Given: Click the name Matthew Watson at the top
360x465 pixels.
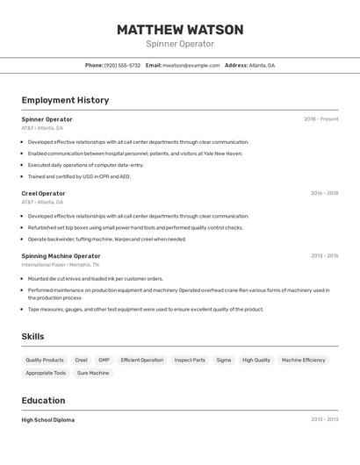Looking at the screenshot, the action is click(180, 29).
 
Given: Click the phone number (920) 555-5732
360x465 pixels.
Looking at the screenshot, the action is click(122, 65).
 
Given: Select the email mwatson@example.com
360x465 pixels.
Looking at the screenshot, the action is click(191, 65).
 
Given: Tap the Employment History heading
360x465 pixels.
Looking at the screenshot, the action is click(65, 100).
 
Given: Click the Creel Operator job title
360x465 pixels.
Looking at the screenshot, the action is click(43, 193).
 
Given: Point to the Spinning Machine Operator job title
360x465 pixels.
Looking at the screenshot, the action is click(61, 256).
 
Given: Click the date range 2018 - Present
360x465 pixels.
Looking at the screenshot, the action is click(320, 119).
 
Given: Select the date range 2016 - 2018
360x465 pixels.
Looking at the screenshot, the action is click(324, 193).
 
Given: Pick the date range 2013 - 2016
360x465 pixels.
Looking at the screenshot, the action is click(324, 256).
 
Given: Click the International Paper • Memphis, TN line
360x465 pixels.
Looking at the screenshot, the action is click(60, 264).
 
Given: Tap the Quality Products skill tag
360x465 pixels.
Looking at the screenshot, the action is click(45, 360).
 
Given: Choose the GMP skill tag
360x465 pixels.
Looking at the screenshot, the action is click(104, 360).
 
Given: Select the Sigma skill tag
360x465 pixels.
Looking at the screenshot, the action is click(224, 360).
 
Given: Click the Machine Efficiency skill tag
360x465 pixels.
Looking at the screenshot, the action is click(303, 360).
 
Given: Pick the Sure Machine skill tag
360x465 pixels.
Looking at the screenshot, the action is click(93, 373).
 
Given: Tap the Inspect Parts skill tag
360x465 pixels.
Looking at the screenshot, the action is click(190, 360).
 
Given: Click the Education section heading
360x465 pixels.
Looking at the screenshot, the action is click(44, 400).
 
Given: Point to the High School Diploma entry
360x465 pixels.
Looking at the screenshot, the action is click(48, 419).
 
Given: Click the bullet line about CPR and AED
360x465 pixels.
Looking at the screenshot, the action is click(79, 176).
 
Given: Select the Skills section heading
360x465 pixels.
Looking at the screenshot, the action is click(32, 336).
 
